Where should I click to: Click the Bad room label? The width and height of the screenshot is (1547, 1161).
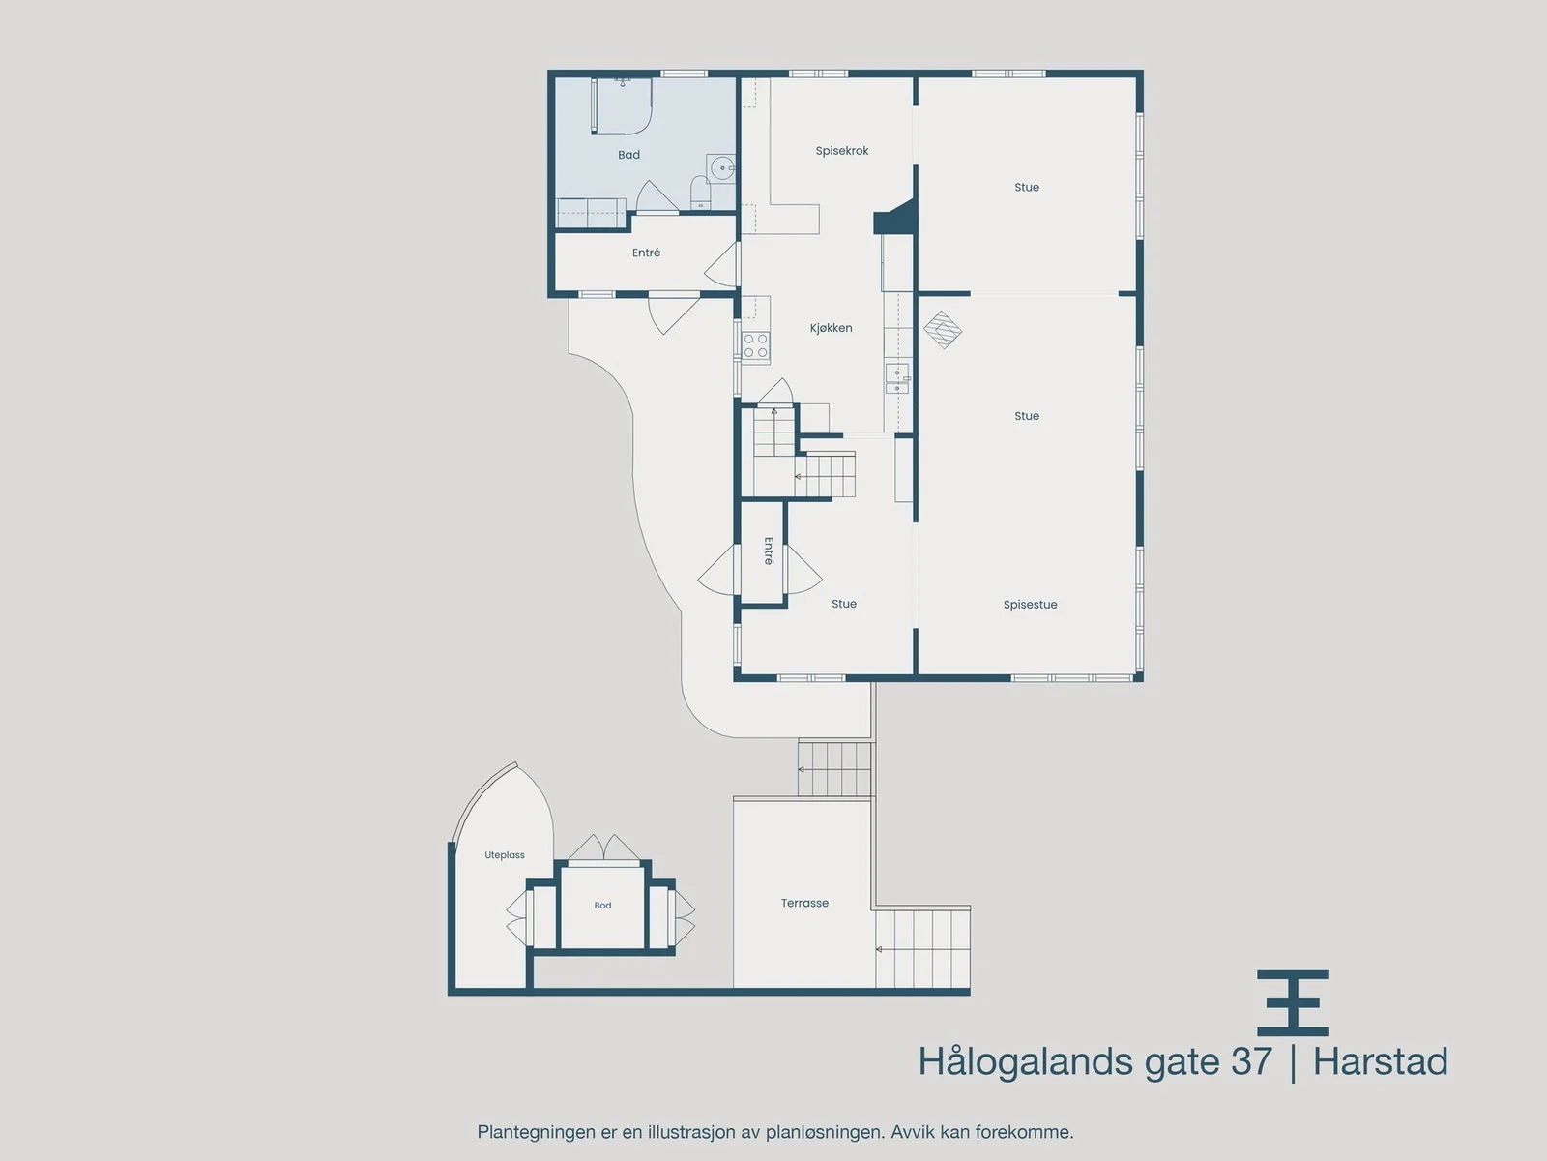coord(628,155)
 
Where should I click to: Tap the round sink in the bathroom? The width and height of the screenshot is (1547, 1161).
coord(722,168)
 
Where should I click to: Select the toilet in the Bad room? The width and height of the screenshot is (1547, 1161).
coord(700,193)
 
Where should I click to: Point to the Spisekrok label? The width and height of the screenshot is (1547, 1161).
coord(841,151)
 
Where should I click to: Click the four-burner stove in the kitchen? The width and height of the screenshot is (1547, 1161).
coord(755,345)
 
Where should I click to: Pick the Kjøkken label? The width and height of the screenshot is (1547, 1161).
coord(831,328)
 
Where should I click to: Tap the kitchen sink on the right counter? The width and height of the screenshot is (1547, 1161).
coord(897,378)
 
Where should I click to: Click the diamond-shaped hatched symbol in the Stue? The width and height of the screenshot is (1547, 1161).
coord(943,330)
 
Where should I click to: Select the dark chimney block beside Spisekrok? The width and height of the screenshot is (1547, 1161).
coord(895,217)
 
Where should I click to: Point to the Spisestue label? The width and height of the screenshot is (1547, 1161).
coord(1030,605)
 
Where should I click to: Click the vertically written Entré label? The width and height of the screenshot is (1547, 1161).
coord(769,551)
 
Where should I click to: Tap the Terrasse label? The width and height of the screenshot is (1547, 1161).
coord(804,903)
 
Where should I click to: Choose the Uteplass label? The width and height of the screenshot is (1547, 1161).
coord(505,855)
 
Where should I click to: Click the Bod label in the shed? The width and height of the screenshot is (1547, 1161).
coord(602,906)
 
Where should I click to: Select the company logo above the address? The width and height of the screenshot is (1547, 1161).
coord(1294,1002)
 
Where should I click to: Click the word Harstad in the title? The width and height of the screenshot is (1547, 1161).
coord(1380,1061)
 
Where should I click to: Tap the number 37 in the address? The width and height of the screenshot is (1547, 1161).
coord(1252,1061)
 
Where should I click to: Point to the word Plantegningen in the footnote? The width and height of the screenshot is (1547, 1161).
coord(536,1132)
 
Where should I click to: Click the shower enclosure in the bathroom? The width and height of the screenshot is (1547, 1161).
coord(621,105)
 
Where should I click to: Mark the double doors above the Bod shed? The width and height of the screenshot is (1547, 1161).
coord(604,848)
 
